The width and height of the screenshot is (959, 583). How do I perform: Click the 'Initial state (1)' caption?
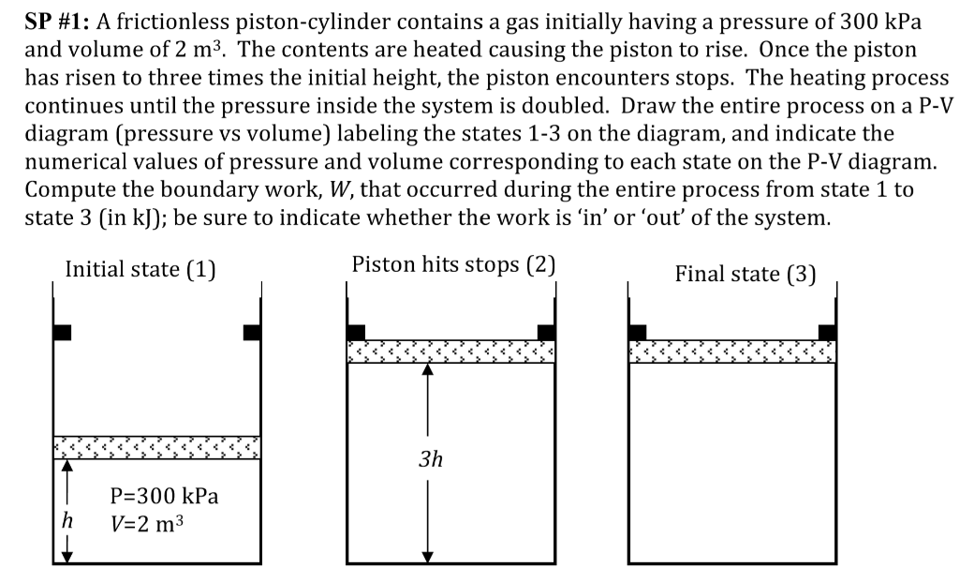140,271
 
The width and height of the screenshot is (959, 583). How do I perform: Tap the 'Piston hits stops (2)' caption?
454,264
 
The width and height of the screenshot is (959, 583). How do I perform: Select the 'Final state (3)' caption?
745,275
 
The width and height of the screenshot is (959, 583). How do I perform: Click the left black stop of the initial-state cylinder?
62,332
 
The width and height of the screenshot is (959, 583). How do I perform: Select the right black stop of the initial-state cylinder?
252,332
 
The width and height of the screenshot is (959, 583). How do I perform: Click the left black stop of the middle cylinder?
356,332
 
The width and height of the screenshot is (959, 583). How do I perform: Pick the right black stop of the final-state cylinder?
827,332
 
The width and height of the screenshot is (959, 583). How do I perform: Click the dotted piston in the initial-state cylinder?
157,446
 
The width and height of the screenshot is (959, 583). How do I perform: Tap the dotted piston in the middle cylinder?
450,351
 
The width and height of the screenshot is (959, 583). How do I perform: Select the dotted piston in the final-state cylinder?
732,351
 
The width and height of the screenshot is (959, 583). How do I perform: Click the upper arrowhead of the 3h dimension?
428,369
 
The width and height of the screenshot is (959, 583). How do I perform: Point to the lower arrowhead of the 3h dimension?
428,556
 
